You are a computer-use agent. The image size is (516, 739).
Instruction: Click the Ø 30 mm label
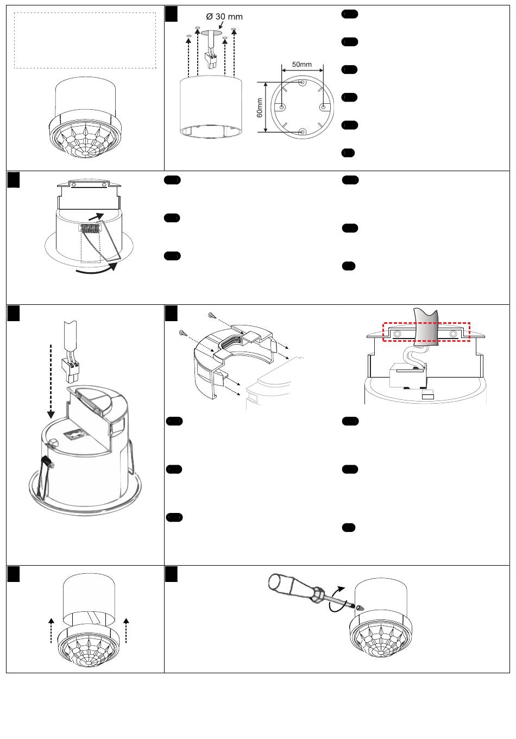click(224, 16)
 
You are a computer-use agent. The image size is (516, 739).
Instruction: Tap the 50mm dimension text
click(302, 64)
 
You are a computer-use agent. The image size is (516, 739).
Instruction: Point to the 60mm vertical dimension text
click(260, 107)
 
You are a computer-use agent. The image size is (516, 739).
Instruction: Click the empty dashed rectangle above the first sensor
click(85, 41)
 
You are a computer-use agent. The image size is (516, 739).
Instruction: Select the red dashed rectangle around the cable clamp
click(426, 333)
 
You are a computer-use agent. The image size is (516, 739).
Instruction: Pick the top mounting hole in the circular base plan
click(302, 83)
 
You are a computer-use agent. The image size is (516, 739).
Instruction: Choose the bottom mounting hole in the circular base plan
click(302, 131)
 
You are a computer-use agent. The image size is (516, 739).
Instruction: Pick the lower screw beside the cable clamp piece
click(183, 333)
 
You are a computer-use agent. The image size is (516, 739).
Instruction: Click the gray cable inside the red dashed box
click(425, 326)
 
